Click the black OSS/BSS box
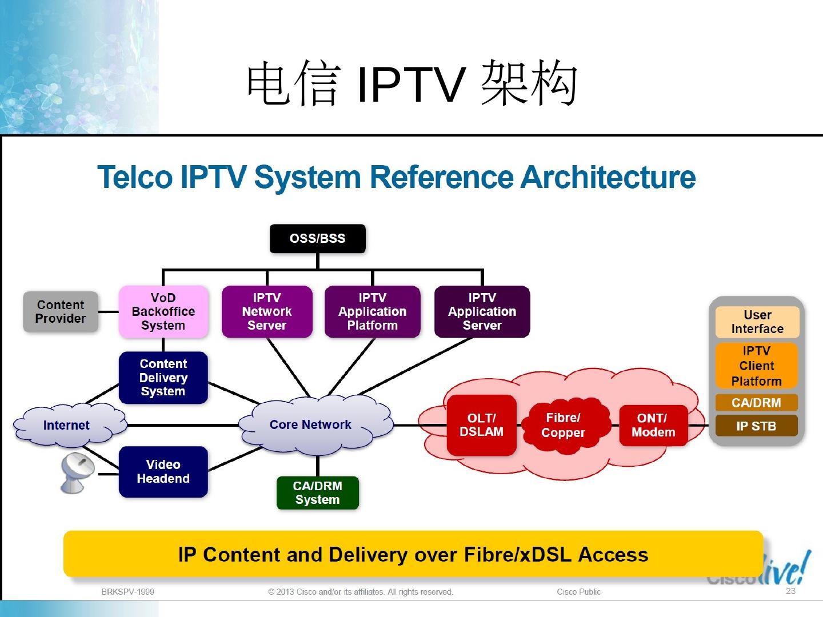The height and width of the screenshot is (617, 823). [x=317, y=239]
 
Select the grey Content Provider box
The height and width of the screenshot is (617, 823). [x=61, y=312]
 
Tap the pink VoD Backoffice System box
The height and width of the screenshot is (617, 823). [x=163, y=312]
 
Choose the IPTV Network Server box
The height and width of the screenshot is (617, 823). [x=267, y=312]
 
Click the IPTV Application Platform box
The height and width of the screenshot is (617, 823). [x=372, y=312]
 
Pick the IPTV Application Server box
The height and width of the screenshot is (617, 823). [x=482, y=312]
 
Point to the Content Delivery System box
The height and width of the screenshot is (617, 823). [x=163, y=378]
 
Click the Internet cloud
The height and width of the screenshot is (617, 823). [x=67, y=426]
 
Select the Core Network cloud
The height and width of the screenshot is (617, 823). [x=311, y=425]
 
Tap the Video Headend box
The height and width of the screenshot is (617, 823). [x=163, y=472]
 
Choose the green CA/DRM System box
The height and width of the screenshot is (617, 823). [x=317, y=492]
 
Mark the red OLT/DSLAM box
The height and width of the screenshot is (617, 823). [x=481, y=426]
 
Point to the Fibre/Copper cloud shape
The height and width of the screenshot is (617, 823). [x=563, y=426]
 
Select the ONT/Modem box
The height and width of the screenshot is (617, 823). [x=653, y=426]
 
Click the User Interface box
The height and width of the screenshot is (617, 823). [x=757, y=322]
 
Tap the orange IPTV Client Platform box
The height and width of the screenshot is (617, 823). [x=756, y=366]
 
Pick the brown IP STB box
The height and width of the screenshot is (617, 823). [x=756, y=426]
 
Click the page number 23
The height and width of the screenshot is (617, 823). [x=790, y=591]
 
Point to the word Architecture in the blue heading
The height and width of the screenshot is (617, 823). [x=608, y=177]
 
